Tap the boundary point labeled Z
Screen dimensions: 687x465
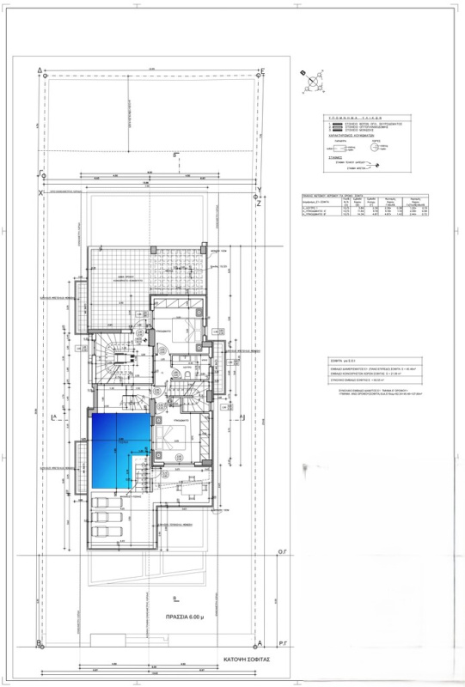[259, 204]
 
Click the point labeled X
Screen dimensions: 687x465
[40, 193]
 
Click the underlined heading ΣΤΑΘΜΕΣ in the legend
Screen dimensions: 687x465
[335, 158]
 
